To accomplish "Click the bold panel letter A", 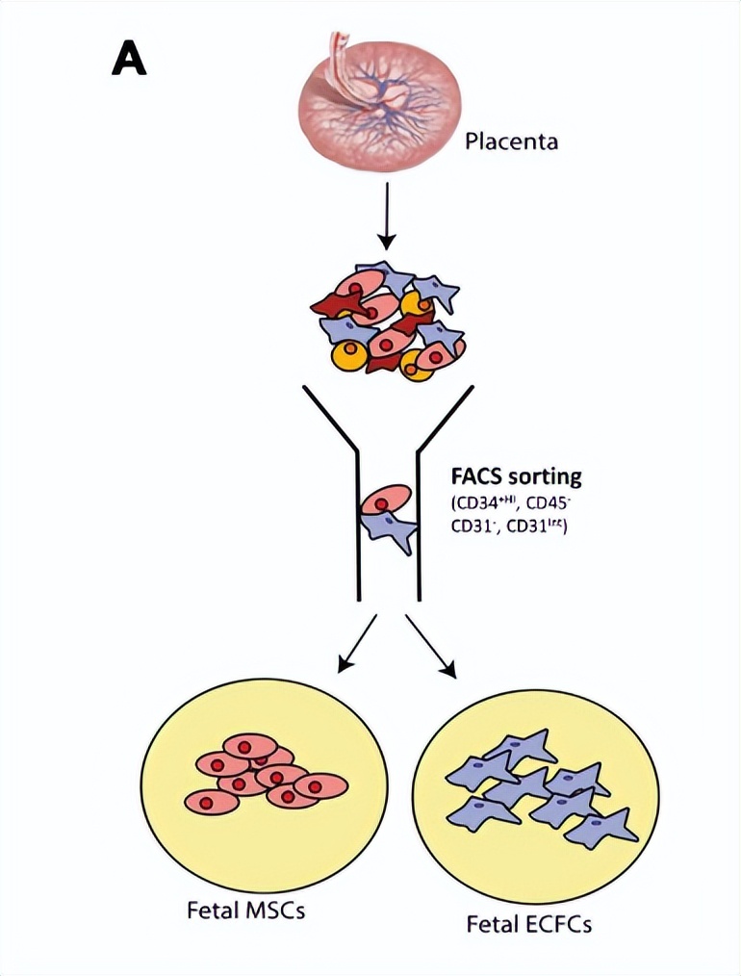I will pyautogui.click(x=129, y=60).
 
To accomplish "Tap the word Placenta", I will pyautogui.click(x=511, y=144).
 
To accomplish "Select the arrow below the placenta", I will pyautogui.click(x=386, y=217).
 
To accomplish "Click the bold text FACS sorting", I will pyautogui.click(x=516, y=477).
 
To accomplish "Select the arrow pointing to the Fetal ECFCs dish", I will pyautogui.click(x=434, y=643).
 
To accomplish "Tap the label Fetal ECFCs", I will pyautogui.click(x=529, y=925).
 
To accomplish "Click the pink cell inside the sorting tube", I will pyautogui.click(x=385, y=501).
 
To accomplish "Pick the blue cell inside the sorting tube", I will pyautogui.click(x=391, y=530).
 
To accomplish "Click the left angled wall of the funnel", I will pyautogui.click(x=330, y=418).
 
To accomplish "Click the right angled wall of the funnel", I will pyautogui.click(x=446, y=418).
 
